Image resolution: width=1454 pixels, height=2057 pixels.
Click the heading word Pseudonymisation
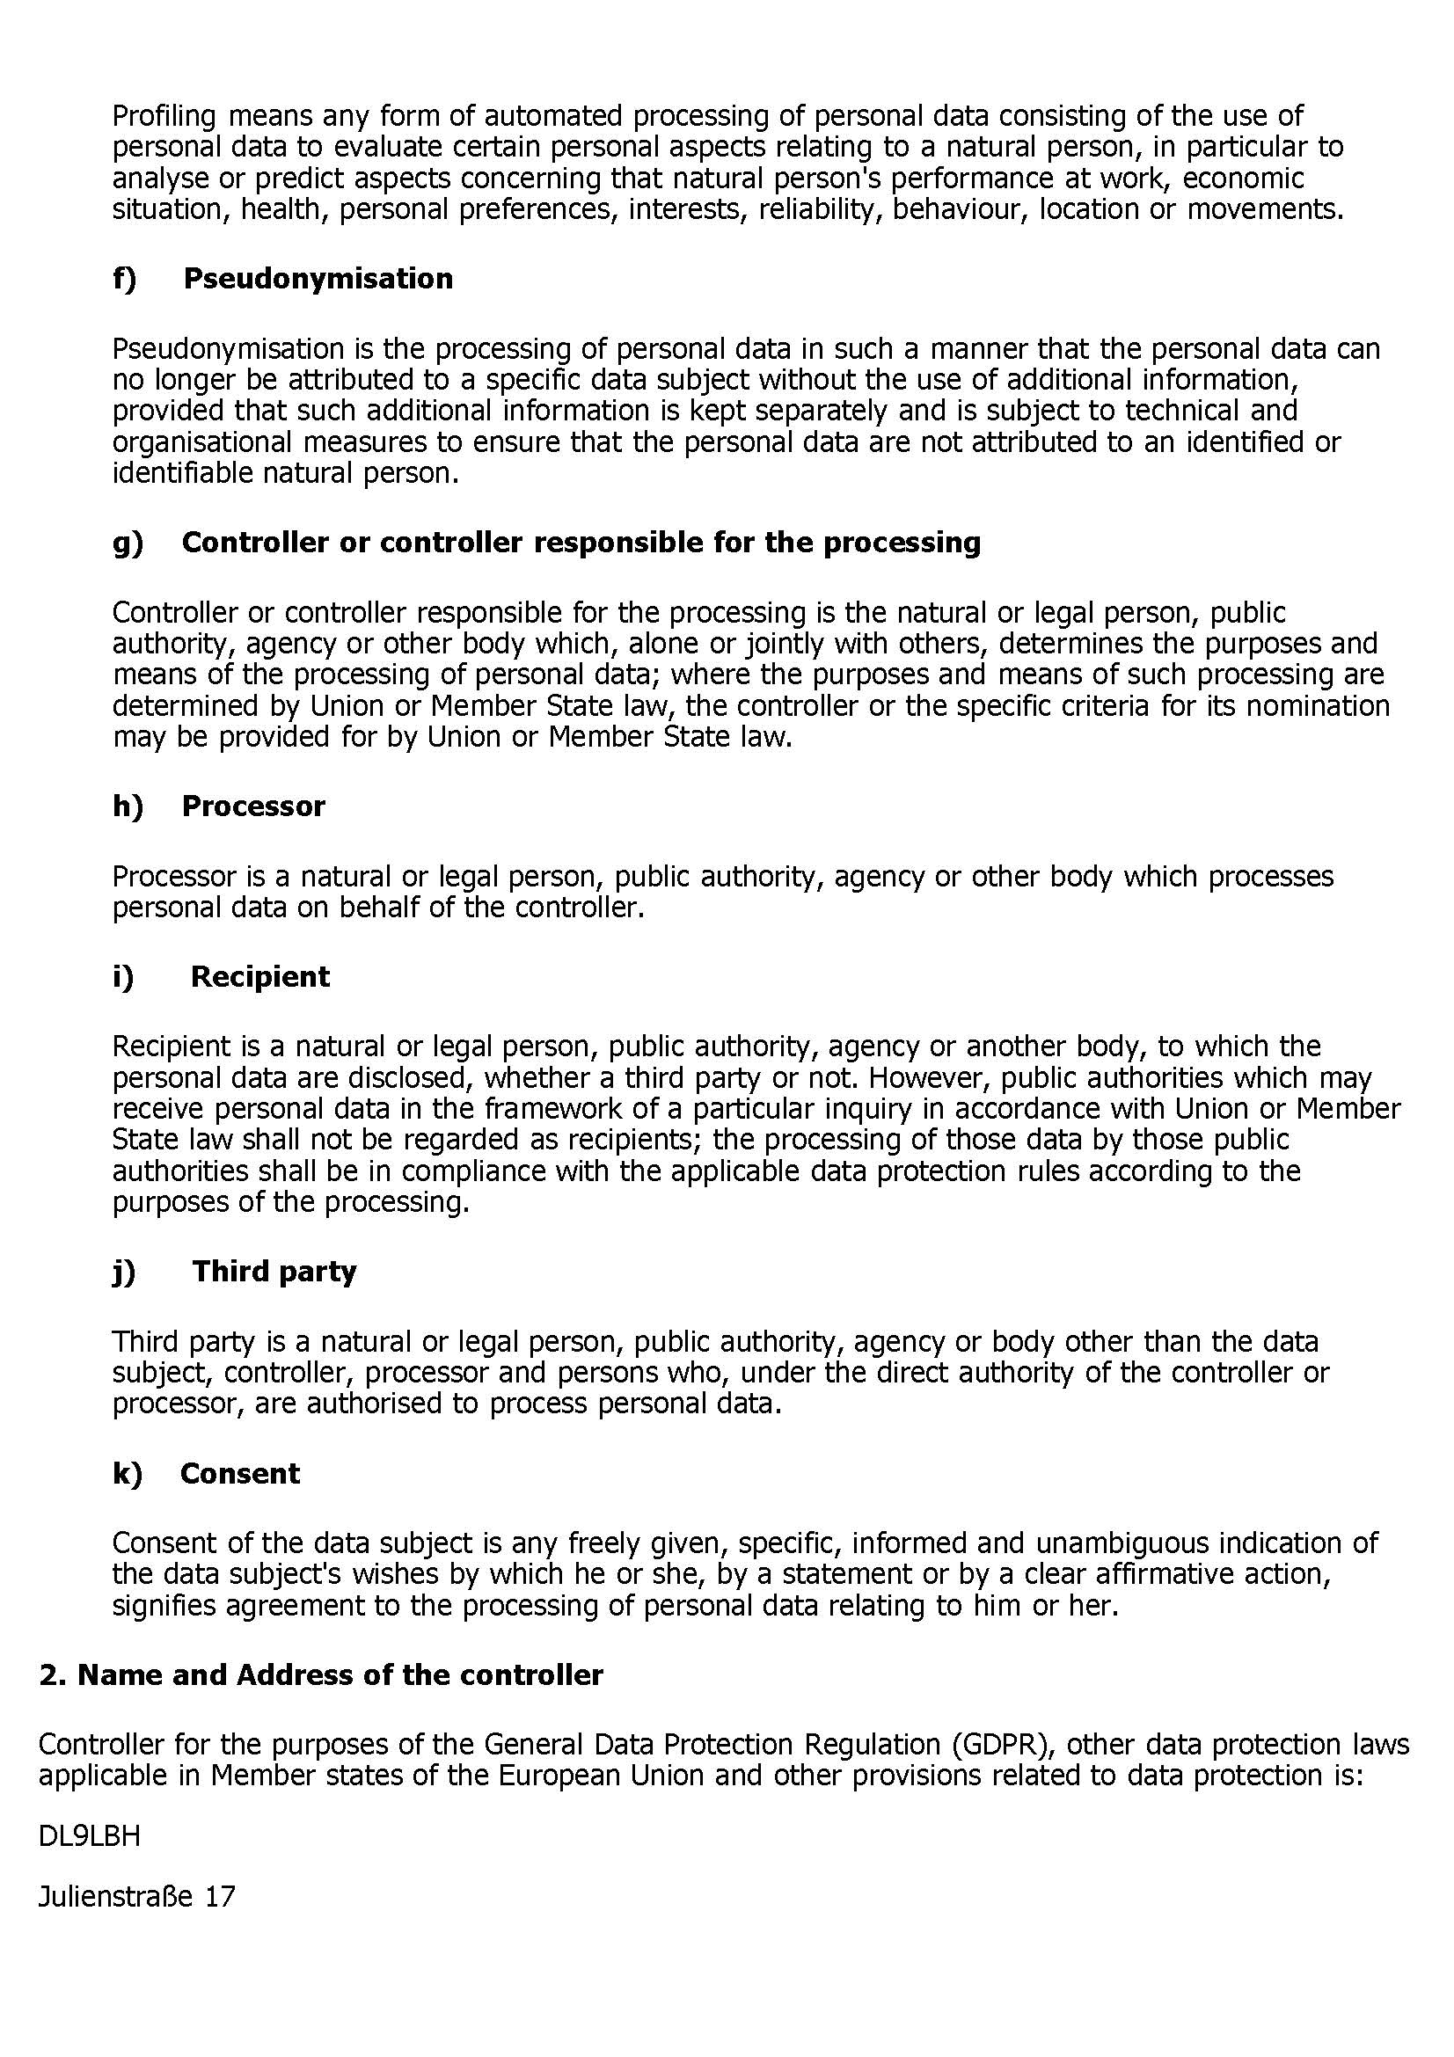coord(318,279)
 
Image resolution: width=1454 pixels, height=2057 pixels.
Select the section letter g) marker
coord(128,543)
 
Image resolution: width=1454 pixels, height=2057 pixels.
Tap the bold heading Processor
coord(252,806)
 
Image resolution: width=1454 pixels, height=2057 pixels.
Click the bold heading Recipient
coord(259,976)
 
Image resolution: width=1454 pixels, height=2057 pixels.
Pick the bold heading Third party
coord(274,1272)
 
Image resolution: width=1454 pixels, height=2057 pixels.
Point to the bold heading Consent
coord(240,1474)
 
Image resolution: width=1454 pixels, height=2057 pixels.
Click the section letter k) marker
coord(128,1474)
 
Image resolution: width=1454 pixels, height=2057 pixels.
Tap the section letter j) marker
coord(125,1272)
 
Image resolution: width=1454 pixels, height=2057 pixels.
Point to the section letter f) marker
coord(125,279)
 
